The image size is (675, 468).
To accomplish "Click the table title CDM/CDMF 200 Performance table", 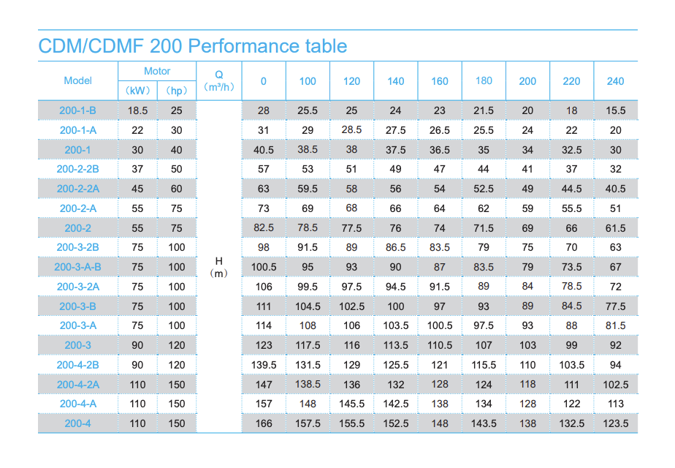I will [192, 47].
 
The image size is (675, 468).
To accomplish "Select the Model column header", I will [78, 81].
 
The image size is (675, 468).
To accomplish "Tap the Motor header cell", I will [157, 72].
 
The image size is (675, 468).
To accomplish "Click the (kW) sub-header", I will [137, 91].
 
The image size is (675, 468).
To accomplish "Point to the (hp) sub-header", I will [177, 91].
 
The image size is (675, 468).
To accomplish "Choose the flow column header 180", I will [484, 81].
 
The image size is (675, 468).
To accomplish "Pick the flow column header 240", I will [615, 81].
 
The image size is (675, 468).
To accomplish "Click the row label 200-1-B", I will [77, 110].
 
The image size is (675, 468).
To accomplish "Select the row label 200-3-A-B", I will [77, 267].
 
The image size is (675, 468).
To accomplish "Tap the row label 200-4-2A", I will [77, 384].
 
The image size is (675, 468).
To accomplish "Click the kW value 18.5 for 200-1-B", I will [137, 110].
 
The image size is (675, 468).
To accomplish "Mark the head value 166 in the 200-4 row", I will [264, 423].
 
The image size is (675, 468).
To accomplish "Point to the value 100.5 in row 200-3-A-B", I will [264, 267].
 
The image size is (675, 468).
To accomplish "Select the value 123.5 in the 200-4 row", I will [615, 423].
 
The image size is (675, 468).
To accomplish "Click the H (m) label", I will [219, 267].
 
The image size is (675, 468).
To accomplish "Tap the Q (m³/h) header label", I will [219, 80].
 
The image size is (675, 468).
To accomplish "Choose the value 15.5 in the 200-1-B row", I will [615, 110].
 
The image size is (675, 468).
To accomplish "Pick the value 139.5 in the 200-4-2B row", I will [264, 365].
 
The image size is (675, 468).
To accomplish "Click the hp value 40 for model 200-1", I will [177, 150].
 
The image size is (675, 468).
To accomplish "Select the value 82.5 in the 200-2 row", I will [264, 228].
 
